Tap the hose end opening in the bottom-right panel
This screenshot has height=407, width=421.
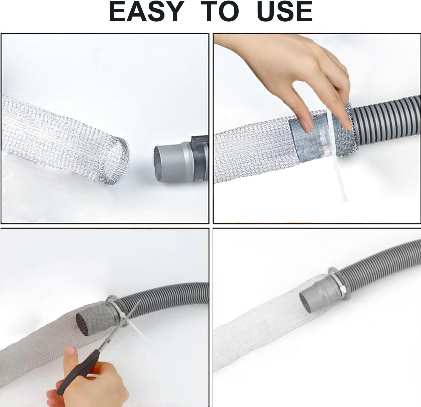306,303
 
